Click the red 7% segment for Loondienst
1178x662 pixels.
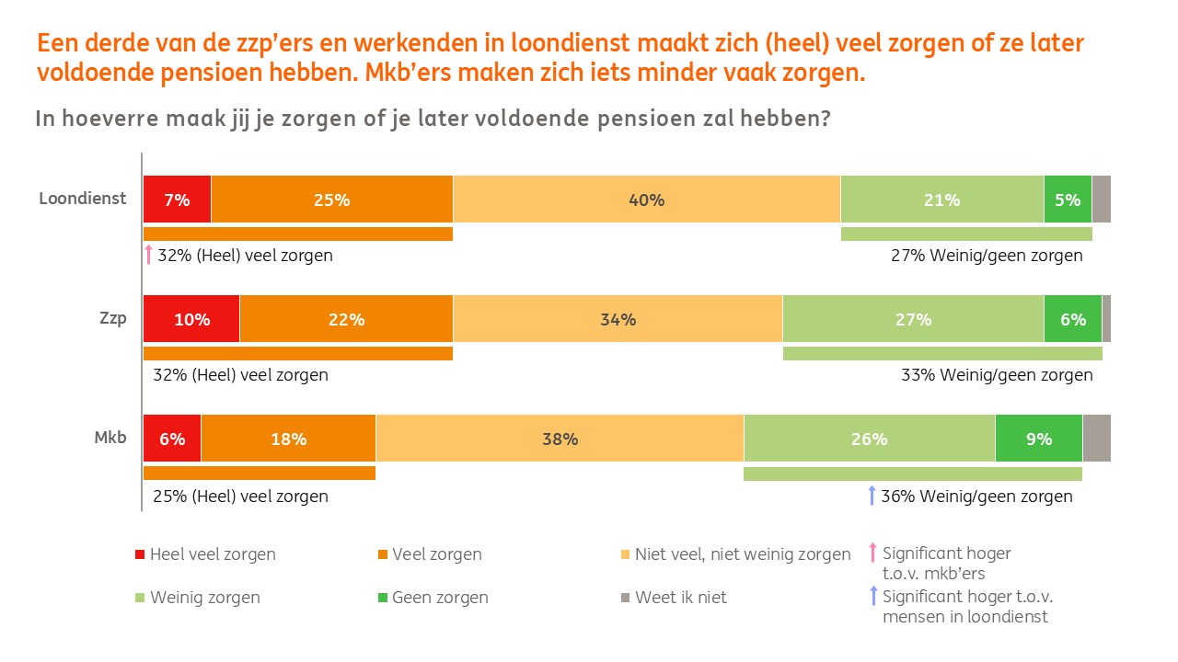coord(177,200)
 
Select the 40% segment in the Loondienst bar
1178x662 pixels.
coord(646,200)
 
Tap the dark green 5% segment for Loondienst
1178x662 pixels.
coord(1068,200)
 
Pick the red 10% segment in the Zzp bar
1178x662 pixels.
coord(191,319)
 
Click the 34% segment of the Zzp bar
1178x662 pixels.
coord(618,319)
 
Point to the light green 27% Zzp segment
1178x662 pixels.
coord(913,319)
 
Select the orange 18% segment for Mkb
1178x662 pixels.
coord(288,439)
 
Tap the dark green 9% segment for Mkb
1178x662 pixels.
coord(1038,439)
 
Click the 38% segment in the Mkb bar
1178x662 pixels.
coord(560,439)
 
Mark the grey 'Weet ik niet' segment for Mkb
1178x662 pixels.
coord(1096,439)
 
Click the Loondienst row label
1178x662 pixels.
coord(83,198)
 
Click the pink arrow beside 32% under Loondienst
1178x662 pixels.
coord(148,255)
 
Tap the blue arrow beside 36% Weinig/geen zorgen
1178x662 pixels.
coord(872,496)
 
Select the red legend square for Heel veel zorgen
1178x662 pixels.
coord(140,554)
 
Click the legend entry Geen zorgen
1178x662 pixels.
coord(440,598)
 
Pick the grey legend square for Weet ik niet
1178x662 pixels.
coord(625,598)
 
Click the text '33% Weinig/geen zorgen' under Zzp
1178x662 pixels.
coord(997,375)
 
